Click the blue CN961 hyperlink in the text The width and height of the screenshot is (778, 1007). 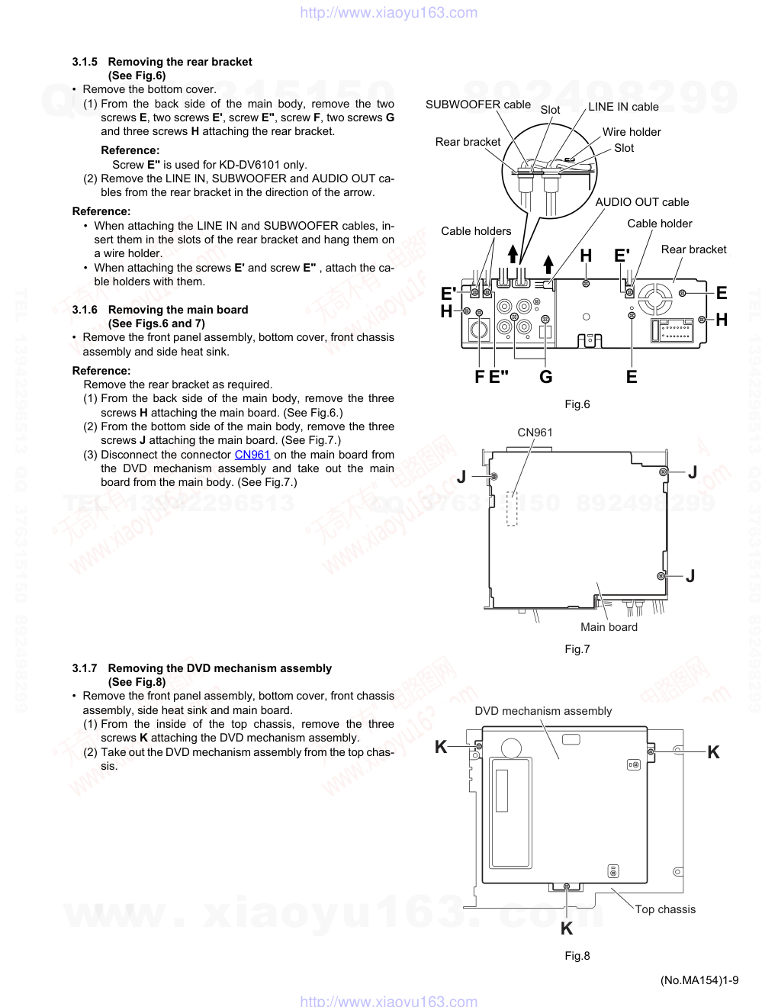252,455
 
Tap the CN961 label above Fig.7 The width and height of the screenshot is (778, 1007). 535,433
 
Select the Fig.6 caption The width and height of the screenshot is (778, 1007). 577,404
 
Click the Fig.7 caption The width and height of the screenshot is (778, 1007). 577,649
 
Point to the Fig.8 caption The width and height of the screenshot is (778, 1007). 577,956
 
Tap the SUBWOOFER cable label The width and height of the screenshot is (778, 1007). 477,105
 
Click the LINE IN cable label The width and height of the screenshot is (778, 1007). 623,107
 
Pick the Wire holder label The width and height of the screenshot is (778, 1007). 632,132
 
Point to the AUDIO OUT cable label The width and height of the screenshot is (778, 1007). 641,202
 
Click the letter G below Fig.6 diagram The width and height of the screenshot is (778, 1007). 545,377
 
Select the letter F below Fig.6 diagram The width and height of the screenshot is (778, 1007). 479,377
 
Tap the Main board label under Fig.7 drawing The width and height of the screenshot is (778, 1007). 609,627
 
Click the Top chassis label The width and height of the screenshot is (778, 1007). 665,909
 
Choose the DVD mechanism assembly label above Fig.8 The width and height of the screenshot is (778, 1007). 543,711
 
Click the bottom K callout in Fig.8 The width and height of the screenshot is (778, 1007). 566,928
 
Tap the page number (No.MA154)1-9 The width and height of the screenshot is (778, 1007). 699,980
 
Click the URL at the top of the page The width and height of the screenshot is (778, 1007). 389,12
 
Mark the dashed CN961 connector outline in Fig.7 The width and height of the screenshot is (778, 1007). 513,508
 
